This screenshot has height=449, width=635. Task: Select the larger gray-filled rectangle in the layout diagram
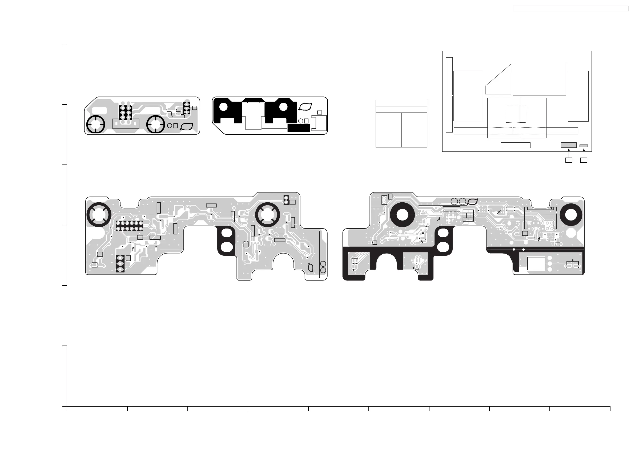[569, 145]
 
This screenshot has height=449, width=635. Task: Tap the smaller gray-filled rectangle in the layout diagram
[584, 146]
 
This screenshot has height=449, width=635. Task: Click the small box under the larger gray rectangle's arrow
[569, 160]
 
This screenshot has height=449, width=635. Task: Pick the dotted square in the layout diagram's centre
[516, 114]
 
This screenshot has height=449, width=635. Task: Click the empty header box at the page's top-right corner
[570, 9]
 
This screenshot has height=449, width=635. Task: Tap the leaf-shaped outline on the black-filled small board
[305, 107]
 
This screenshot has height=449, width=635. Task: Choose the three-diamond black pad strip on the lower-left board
[120, 264]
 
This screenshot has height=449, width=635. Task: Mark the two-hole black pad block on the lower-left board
[286, 200]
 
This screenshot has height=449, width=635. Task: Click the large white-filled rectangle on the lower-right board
[536, 263]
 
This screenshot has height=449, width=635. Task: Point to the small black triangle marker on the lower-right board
[551, 208]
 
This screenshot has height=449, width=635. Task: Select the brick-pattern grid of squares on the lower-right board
[468, 217]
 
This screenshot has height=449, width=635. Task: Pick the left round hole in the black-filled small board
[223, 107]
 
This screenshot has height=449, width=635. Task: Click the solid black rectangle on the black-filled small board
[299, 128]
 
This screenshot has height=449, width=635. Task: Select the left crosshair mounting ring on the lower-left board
[99, 215]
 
